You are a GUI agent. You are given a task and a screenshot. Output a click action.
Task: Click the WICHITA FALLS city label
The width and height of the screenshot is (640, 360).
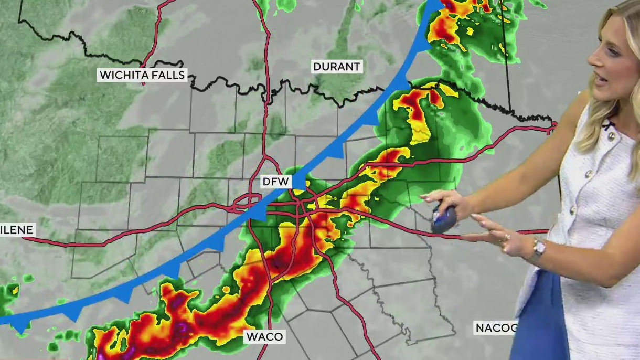tap(142, 75)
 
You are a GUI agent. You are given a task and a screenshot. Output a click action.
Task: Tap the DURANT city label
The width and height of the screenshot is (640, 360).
tap(336, 67)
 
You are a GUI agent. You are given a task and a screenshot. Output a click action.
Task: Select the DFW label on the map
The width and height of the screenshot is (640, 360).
tap(276, 182)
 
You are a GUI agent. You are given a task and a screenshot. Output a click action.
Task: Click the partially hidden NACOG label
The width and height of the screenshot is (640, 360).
tap(496, 328)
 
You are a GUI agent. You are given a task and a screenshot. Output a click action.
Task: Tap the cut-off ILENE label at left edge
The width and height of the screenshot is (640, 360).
tap(17, 229)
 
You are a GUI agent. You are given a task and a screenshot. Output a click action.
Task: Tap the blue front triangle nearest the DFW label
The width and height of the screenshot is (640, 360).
tap(298, 181)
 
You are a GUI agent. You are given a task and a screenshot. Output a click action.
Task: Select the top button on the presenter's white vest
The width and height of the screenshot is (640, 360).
tap(611, 135)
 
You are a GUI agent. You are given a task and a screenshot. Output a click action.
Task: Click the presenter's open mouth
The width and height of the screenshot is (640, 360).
tap(599, 79)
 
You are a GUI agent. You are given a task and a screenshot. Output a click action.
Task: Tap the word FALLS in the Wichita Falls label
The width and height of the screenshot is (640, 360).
tap(168, 75)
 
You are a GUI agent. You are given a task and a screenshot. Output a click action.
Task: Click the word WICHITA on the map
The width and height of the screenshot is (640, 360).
tap(125, 75)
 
